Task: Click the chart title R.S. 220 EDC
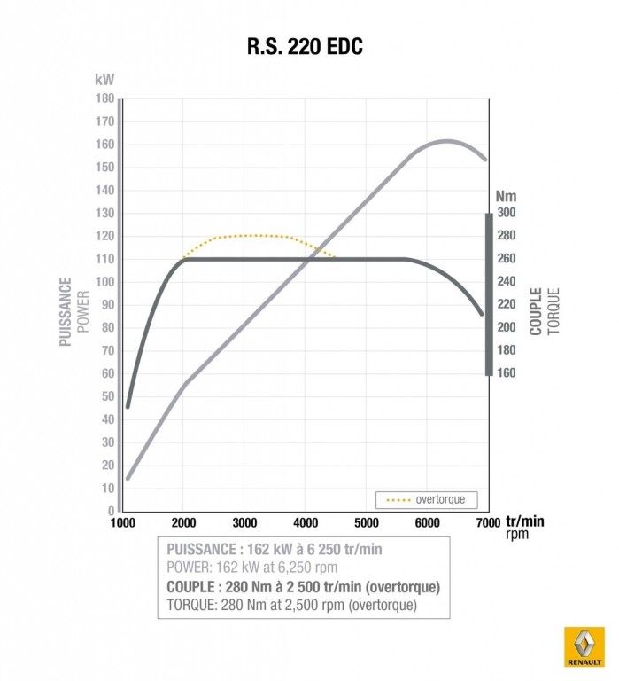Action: pyautogui.click(x=305, y=47)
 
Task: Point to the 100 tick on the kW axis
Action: pyautogui.click(x=104, y=282)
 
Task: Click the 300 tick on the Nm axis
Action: pyautogui.click(x=505, y=213)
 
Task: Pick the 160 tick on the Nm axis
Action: pyautogui.click(x=505, y=373)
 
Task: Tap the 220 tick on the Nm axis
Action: pyautogui.click(x=505, y=304)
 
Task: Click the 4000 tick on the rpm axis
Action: pyautogui.click(x=305, y=523)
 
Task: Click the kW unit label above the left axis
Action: pyautogui.click(x=104, y=79)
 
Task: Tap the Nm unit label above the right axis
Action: pyautogui.click(x=506, y=196)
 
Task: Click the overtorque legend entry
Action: pyautogui.click(x=431, y=499)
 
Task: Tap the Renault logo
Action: pyautogui.click(x=584, y=647)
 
